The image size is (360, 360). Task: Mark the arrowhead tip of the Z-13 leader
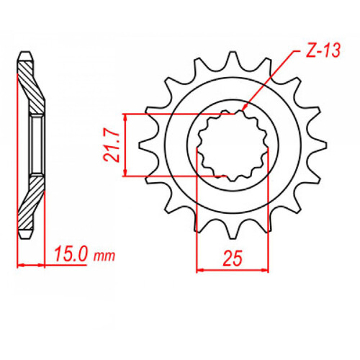click(245, 110)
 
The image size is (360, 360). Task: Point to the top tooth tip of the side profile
click(25, 53)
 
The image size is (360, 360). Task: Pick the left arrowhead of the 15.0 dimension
click(20, 265)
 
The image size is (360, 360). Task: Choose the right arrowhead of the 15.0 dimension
click(45, 265)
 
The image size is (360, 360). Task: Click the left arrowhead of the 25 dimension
click(199, 270)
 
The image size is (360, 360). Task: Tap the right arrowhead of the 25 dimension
click(266, 270)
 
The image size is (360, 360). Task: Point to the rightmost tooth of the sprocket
click(315, 146)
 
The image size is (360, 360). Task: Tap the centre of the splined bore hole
click(233, 144)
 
